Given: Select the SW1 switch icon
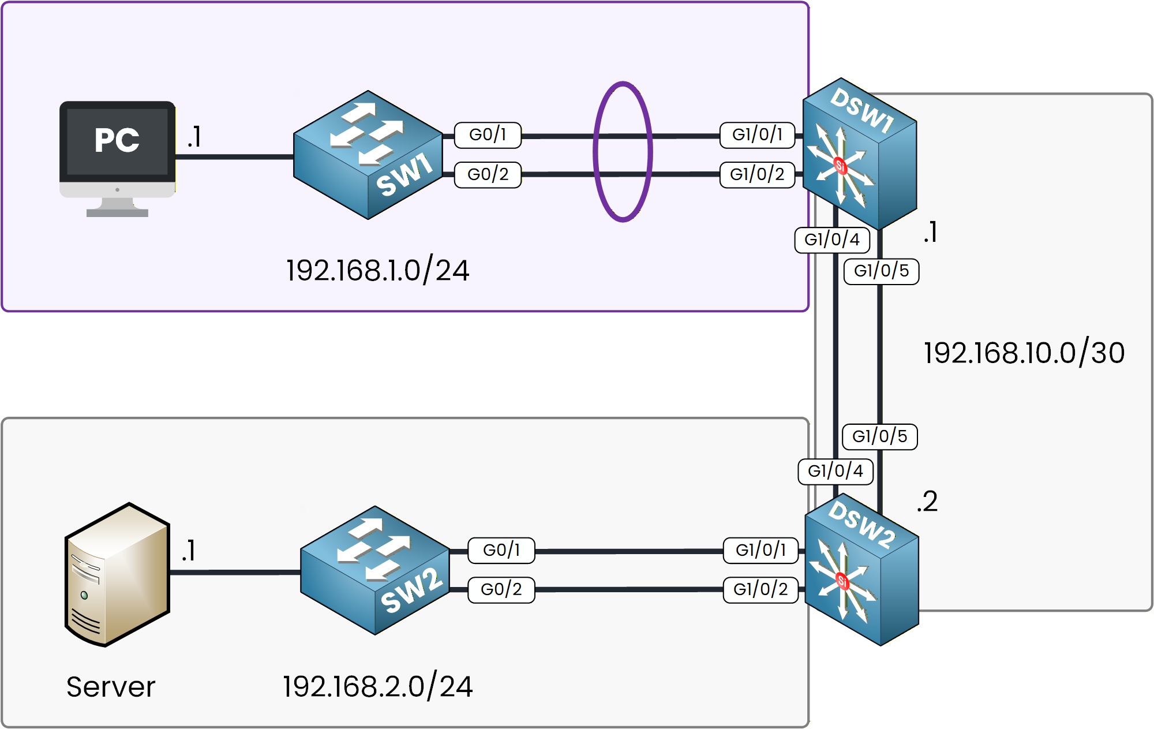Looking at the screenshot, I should [368, 155].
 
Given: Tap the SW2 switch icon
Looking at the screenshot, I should [375, 570].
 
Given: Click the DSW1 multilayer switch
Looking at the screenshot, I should [860, 155].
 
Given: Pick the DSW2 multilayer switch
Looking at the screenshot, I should [861, 570].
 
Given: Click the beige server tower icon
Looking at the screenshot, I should [117, 575].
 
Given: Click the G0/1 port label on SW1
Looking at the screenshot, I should [488, 135].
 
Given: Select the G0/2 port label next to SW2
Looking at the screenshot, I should [501, 590].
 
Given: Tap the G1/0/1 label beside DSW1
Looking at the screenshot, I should [757, 135].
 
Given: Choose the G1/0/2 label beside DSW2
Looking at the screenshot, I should [760, 590].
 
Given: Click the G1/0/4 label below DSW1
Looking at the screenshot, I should [832, 240].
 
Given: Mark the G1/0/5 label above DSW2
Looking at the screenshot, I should [879, 436].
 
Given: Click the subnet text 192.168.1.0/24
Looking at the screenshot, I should [377, 271].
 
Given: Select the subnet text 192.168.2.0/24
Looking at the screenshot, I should [377, 687].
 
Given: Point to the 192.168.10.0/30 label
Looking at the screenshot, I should [1024, 353].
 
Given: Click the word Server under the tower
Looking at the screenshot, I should [111, 687].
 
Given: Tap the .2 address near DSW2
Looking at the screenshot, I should [927, 501].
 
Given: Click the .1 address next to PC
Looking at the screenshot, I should [194, 137].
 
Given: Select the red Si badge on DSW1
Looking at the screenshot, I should [841, 166].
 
